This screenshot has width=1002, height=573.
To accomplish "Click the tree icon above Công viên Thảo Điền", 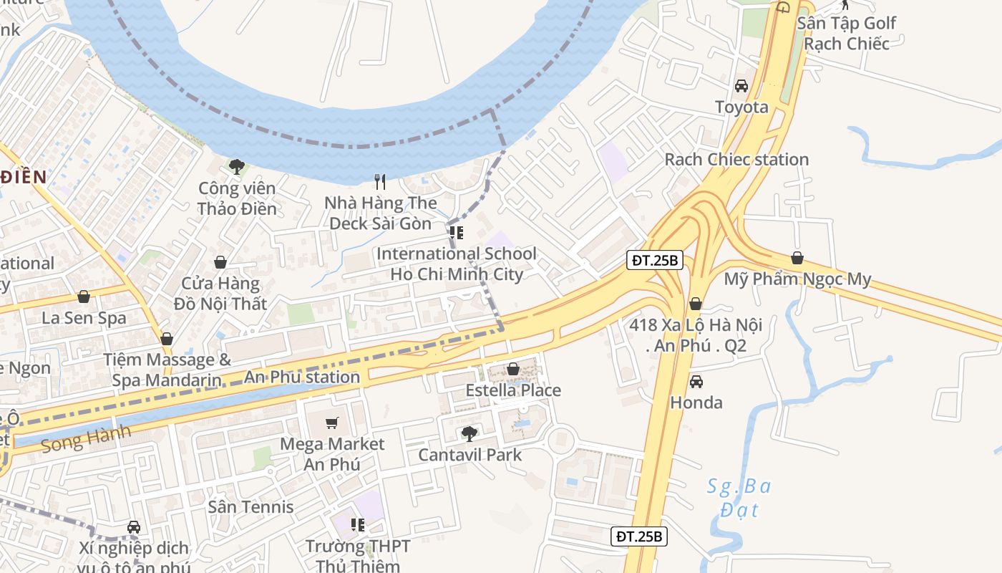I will (236, 167).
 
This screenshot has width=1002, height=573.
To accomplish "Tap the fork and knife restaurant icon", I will (380, 182).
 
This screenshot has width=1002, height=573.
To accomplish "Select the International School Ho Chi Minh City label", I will (456, 264).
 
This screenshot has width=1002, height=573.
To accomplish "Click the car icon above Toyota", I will (741, 86).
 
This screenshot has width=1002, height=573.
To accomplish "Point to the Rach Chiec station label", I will (736, 159).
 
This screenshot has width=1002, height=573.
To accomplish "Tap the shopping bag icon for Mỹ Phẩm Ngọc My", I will (797, 258).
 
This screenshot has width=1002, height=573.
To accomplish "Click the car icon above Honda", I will (696, 382).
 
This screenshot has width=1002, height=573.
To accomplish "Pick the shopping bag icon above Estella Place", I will (513, 369).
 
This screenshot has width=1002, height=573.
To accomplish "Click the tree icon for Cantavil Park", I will (470, 433).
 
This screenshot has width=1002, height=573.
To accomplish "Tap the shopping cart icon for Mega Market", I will (332, 423).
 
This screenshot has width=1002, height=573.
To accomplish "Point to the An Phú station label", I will (302, 377).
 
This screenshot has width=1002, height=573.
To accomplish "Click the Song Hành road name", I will (86, 438).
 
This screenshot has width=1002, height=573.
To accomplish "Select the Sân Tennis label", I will (250, 506).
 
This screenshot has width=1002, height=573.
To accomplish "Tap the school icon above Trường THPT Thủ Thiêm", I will (358, 525).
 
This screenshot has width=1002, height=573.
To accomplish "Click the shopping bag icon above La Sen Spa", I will (84, 297).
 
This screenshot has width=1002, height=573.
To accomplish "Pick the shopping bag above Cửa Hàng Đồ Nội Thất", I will (220, 262).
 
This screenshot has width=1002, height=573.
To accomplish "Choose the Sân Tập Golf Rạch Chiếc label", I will (846, 33).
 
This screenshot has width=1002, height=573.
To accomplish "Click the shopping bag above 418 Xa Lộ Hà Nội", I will (695, 304).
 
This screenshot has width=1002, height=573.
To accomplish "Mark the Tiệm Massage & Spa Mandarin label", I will (167, 369).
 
